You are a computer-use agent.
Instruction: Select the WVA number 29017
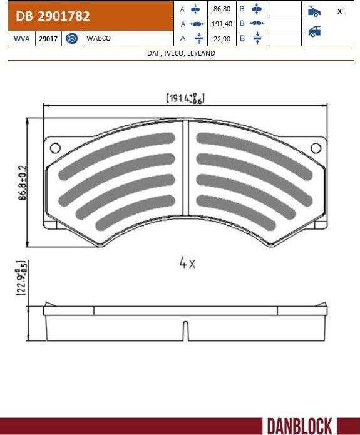point(48,39)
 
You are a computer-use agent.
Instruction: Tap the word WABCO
point(99,39)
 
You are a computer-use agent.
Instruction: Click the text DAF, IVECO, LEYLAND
point(180,54)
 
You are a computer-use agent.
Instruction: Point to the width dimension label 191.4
point(185,98)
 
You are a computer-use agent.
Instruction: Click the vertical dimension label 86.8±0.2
point(23,182)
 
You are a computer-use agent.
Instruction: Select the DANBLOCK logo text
point(299,426)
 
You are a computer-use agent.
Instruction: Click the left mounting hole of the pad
point(54,148)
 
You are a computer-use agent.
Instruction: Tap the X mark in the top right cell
point(339,11)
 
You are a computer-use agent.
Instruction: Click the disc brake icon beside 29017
point(71,39)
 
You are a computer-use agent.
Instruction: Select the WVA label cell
point(21,39)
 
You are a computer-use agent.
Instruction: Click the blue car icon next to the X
point(314,11)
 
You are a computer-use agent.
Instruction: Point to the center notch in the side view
point(185,328)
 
